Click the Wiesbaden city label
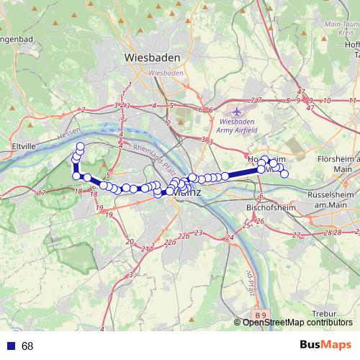coord(153,57)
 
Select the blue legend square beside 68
coord(9,346)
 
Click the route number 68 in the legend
coord(27,346)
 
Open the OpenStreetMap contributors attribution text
coord(295,322)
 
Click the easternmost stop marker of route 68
coord(284,174)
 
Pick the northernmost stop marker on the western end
coord(81,147)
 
